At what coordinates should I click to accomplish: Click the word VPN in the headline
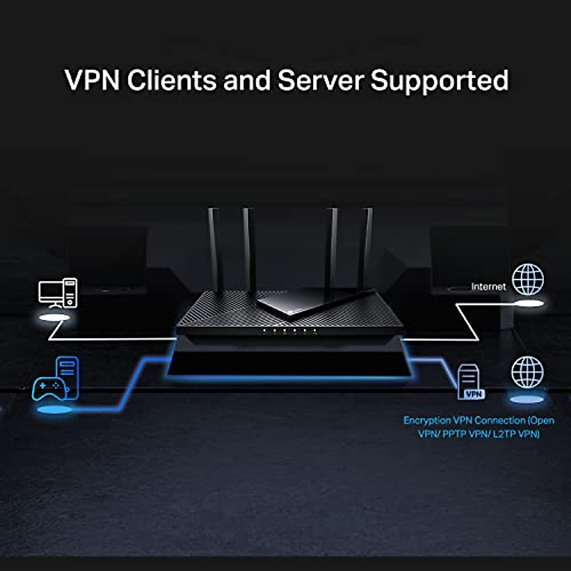tap(92, 80)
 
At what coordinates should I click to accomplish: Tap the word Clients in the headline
tap(172, 80)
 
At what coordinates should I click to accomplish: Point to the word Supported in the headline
tap(440, 81)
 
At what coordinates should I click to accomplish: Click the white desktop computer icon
tap(58, 293)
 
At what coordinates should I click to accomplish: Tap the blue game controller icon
tap(50, 388)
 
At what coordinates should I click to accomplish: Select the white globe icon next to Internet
tap(528, 279)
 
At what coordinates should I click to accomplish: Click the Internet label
tap(488, 286)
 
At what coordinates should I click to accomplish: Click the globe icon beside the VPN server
tap(527, 372)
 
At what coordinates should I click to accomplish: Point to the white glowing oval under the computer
tap(55, 318)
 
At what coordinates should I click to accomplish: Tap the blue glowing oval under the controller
tap(54, 410)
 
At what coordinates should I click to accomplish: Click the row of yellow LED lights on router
tap(289, 330)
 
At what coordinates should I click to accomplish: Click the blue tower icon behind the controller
tap(67, 378)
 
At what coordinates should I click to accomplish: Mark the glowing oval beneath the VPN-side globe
tap(527, 399)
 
